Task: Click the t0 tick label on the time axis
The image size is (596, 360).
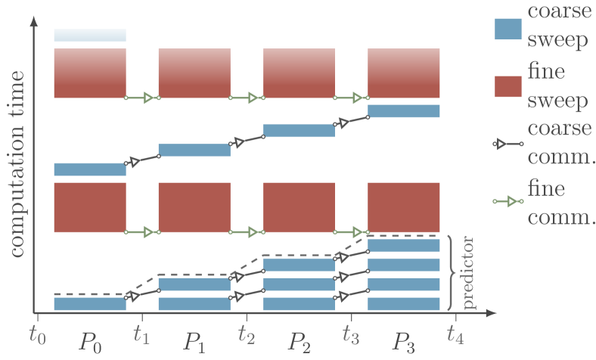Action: click(x=36, y=334)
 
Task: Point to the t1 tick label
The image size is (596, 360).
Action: click(x=141, y=334)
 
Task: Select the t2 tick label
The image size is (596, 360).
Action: click(x=245, y=334)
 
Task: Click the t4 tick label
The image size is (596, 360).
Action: click(x=454, y=334)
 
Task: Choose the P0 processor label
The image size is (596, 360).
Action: click(x=89, y=342)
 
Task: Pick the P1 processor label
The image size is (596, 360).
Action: click(x=194, y=342)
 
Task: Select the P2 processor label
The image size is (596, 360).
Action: click(x=298, y=342)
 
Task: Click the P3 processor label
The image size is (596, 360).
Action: click(x=402, y=342)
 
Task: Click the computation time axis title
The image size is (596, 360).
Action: click(x=17, y=163)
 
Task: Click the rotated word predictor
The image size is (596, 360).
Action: click(x=469, y=273)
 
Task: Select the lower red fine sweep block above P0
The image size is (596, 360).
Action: click(x=89, y=206)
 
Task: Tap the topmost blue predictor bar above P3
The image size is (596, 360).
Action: click(x=403, y=245)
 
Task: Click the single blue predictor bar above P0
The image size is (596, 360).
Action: click(x=89, y=303)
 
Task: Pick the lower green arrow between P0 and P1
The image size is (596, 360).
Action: click(x=142, y=231)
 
